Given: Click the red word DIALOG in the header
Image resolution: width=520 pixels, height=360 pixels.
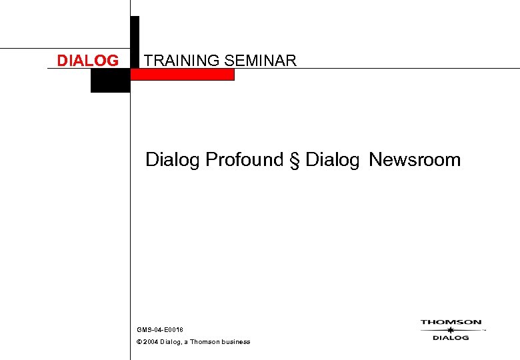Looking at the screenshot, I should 87,61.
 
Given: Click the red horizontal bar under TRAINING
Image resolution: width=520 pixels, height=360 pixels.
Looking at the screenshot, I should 183,75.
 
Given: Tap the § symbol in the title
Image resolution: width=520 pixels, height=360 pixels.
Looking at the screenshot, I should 294,160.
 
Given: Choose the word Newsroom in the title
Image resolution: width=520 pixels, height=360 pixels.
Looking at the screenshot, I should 415,160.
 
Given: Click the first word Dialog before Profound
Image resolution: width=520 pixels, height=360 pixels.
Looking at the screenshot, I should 173,160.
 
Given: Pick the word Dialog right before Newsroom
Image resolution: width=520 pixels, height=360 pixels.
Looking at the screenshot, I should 332,160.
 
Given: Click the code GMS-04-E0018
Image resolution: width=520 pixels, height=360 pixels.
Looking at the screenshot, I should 160,330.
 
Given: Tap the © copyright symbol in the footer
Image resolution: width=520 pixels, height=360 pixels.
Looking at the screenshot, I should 139,342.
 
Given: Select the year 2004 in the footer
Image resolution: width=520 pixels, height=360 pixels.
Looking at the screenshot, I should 151,342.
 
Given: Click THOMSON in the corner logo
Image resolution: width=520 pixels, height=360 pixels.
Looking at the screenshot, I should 451,323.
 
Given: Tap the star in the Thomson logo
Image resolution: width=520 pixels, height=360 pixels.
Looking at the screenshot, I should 451,330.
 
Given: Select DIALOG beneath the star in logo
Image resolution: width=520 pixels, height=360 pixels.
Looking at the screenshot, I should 451,338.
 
